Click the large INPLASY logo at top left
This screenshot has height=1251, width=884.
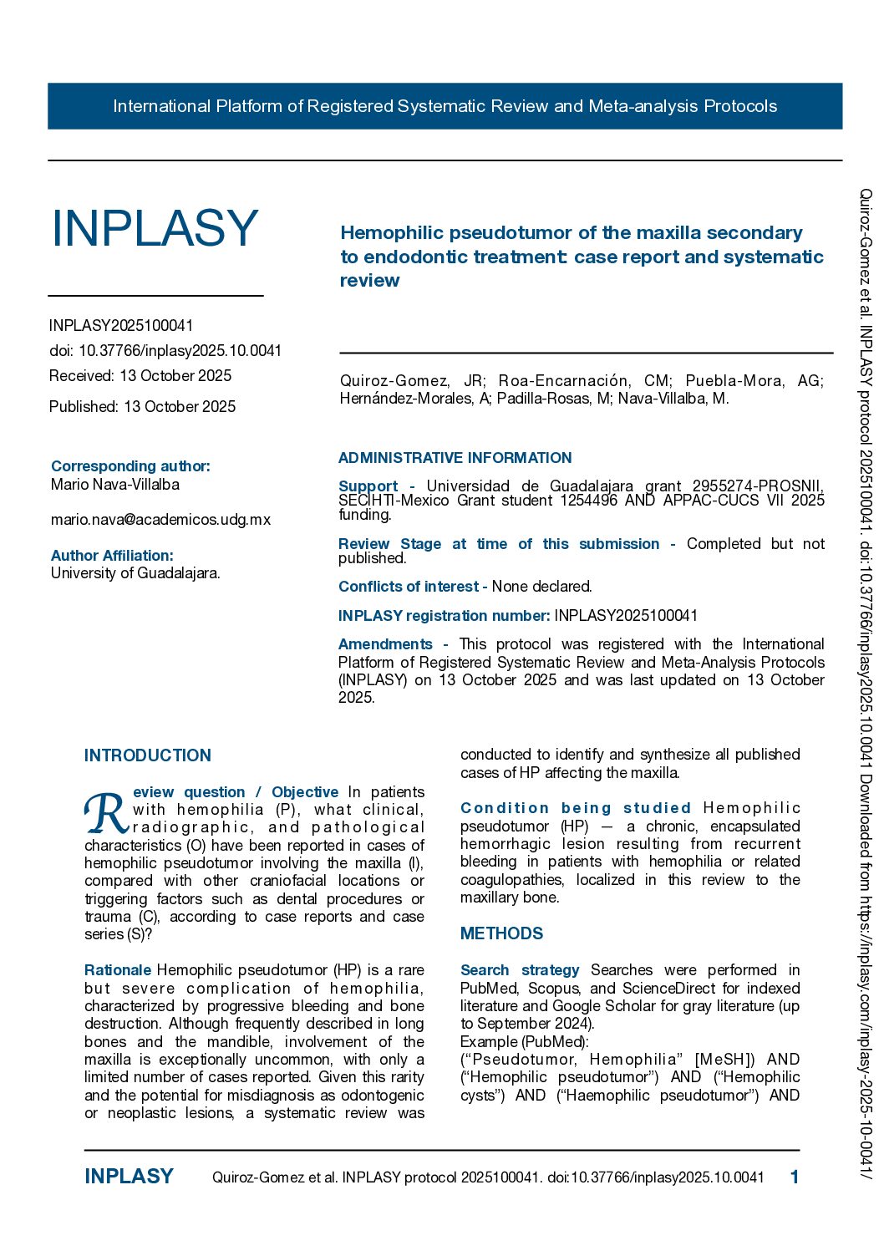click(155, 228)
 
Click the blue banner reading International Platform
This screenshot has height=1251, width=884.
click(445, 106)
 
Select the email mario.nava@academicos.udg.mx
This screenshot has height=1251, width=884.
click(160, 520)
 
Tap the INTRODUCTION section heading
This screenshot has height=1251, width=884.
click(148, 755)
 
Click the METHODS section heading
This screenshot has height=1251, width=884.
click(501, 933)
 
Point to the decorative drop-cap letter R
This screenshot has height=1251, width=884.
click(105, 812)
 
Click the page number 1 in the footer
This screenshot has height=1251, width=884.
click(795, 1177)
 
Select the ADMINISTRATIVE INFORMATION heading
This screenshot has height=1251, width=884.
click(455, 458)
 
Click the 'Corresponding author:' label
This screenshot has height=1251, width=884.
click(130, 466)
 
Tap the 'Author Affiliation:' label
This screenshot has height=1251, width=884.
click(112, 556)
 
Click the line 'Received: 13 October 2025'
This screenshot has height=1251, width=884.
click(140, 376)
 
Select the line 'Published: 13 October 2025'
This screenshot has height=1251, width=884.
click(142, 407)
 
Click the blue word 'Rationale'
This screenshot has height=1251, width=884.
click(118, 970)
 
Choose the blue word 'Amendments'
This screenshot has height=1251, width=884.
click(385, 644)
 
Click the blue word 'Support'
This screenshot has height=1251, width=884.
click(368, 486)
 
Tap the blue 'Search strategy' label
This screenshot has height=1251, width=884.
click(520, 970)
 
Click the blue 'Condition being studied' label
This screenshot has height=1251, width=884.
click(576, 808)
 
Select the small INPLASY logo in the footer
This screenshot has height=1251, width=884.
click(129, 1177)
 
